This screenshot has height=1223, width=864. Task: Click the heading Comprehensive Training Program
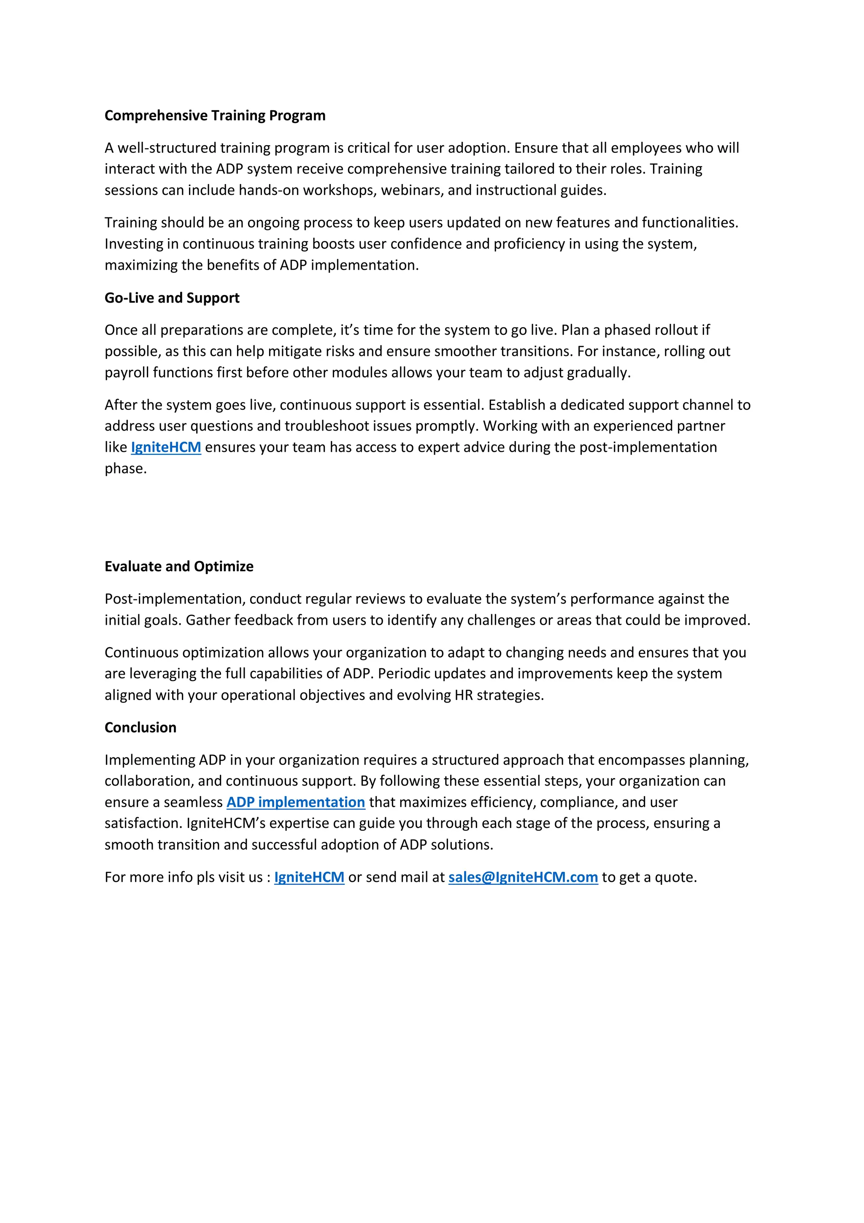point(215,116)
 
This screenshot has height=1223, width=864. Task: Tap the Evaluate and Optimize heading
point(179,566)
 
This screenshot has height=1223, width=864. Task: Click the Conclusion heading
point(140,728)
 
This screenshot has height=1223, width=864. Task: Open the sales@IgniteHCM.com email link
point(523,877)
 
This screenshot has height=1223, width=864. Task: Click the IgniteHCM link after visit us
point(309,877)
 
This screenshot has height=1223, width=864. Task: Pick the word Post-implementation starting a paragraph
point(175,599)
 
